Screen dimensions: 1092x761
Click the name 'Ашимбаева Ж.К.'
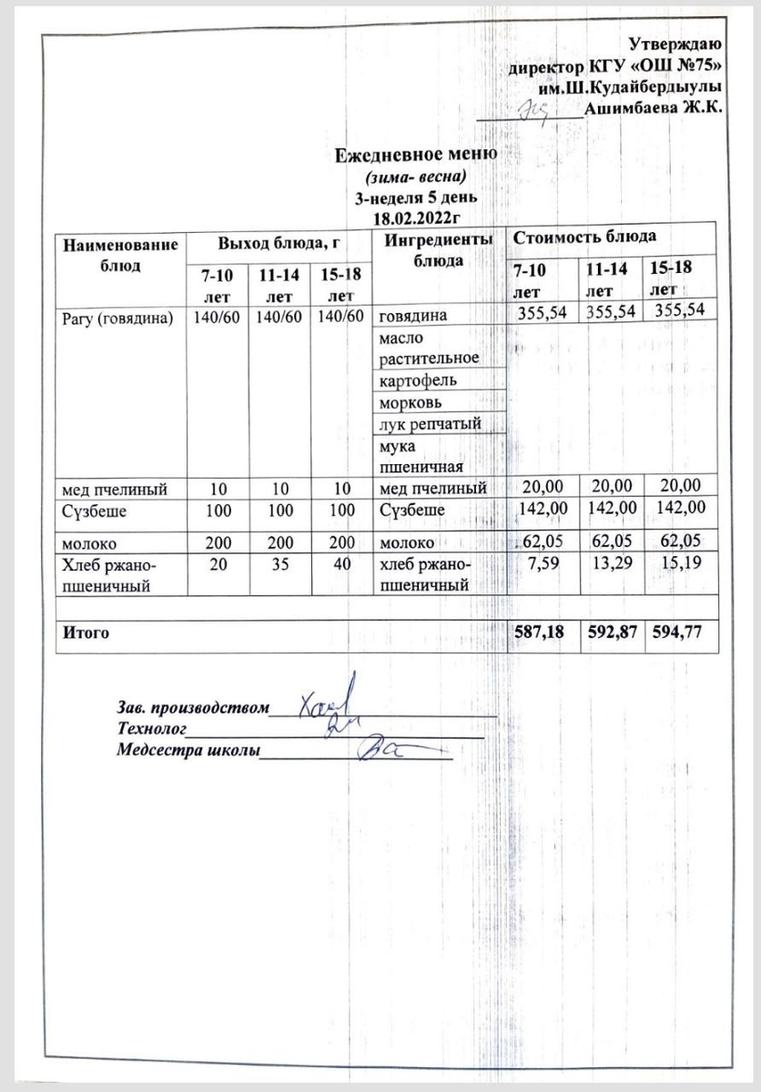653,109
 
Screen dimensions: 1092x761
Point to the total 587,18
543,632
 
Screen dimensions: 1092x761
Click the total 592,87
612,632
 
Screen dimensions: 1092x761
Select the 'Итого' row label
86,632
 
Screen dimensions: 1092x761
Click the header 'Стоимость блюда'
584,238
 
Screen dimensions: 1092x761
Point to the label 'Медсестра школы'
188,751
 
